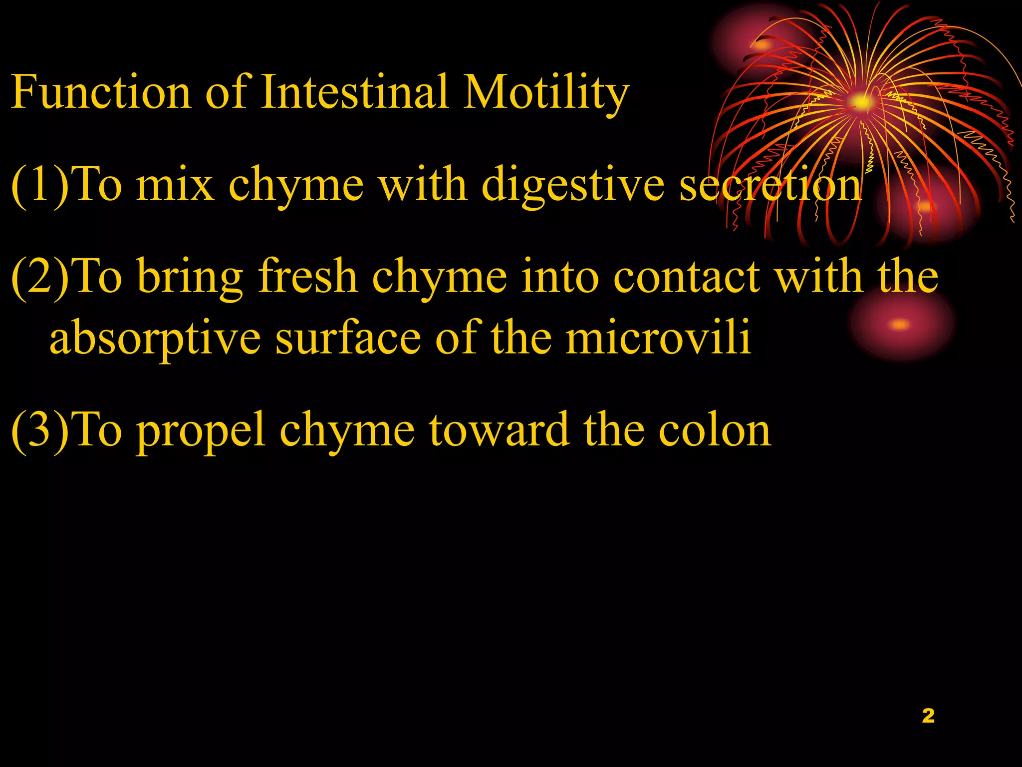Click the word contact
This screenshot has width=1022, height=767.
(686, 277)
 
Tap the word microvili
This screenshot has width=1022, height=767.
(658, 338)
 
